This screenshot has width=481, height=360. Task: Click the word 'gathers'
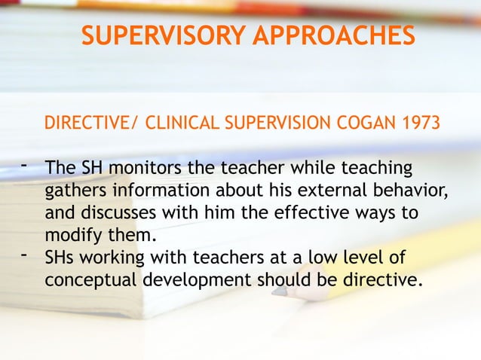click(72, 188)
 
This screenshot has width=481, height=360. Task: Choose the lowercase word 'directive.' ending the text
click(378, 280)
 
